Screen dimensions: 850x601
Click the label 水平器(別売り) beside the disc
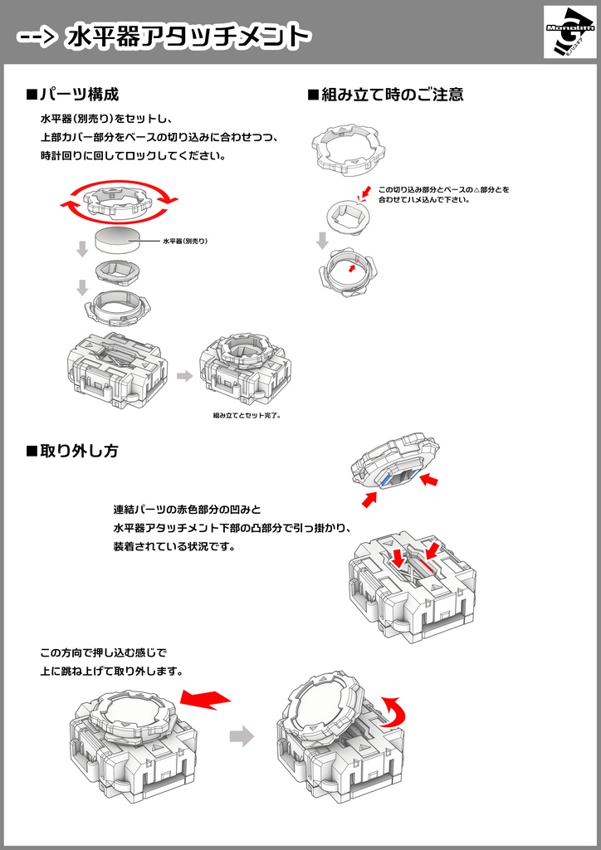click(x=184, y=241)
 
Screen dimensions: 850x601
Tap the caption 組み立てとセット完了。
click(x=247, y=415)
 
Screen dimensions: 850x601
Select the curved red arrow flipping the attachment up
click(x=390, y=711)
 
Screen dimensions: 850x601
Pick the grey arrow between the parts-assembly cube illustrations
click(x=183, y=376)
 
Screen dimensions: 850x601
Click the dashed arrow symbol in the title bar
click(x=37, y=37)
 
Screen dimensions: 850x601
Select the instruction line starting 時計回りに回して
click(x=133, y=155)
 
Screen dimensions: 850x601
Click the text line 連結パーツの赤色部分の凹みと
click(x=187, y=509)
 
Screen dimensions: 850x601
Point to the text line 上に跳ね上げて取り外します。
click(x=111, y=671)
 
